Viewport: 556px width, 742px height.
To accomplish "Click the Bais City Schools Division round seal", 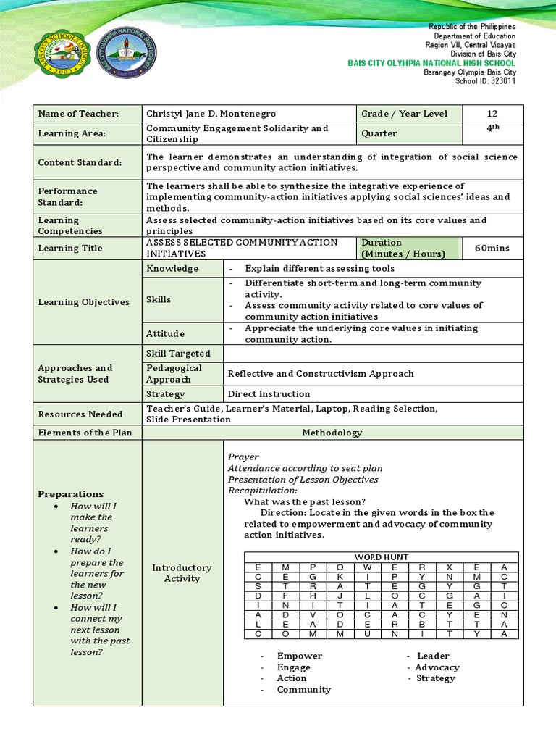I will click(x=64, y=57).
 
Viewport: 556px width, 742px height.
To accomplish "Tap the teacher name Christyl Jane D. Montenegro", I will click(x=211, y=114).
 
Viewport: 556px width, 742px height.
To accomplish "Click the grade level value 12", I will click(x=492, y=114).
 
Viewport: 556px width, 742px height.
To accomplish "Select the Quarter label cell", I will click(x=379, y=133).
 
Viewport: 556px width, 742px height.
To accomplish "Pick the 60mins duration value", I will click(x=492, y=249).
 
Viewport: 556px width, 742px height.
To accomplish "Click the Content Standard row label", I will click(x=80, y=163).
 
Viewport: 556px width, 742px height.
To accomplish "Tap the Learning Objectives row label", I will click(x=83, y=302).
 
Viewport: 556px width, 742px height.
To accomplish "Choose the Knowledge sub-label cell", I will click(x=172, y=269).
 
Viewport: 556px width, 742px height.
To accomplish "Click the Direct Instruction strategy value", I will click(x=269, y=394).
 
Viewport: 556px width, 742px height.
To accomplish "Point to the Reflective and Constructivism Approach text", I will click(x=321, y=374).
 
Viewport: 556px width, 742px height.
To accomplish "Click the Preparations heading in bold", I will click(x=70, y=494).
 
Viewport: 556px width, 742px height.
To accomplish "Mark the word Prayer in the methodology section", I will click(x=243, y=457).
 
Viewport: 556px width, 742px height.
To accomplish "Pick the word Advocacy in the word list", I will click(x=437, y=667).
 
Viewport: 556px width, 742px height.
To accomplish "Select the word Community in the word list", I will click(x=303, y=690).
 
